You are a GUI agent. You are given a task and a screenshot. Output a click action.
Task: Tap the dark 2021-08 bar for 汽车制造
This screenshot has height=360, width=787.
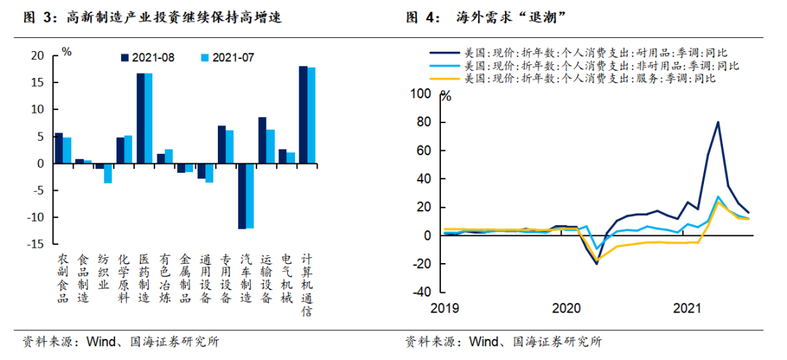(241, 196)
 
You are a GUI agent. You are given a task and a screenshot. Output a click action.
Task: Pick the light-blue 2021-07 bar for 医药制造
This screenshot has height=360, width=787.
(149, 119)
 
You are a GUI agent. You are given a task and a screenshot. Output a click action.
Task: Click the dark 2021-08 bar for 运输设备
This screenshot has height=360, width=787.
(262, 141)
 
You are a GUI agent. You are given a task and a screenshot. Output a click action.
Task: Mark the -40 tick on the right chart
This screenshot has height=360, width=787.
(422, 291)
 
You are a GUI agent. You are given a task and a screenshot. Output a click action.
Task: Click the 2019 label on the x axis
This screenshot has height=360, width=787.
(444, 308)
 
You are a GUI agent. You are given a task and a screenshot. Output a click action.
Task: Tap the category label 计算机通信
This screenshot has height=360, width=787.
(308, 283)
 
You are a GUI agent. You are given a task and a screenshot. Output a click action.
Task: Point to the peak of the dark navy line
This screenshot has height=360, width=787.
(718, 122)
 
